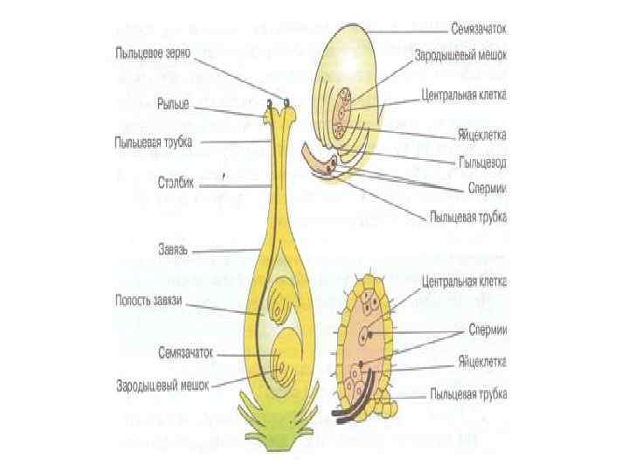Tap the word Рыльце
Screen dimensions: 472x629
[173, 105]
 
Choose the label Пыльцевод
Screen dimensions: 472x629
[482, 163]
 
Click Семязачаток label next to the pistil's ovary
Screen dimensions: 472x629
[186, 353]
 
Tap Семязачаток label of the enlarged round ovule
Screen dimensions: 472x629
[480, 29]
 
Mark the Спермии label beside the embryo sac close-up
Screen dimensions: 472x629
[488, 329]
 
